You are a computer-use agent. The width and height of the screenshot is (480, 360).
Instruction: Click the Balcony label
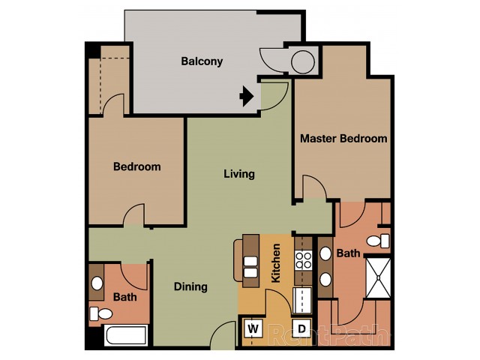[202, 61]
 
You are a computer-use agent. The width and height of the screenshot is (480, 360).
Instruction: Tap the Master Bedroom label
[343, 138]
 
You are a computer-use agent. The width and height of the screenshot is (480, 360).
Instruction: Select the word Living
[239, 174]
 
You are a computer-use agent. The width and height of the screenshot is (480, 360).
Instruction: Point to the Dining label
[190, 286]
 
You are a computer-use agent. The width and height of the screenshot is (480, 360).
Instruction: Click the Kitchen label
[276, 263]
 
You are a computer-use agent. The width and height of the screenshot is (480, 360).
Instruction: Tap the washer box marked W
[253, 328]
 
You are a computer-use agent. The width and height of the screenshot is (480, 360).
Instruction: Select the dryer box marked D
[301, 328]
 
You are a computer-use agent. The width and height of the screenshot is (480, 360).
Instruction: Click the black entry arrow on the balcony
[247, 96]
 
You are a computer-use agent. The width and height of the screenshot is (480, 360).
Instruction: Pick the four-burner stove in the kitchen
[303, 260]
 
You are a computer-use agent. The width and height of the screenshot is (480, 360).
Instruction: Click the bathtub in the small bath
[126, 335]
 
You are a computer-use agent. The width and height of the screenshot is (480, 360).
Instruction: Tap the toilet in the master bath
[378, 241]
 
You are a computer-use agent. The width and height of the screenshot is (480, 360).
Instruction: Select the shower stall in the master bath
[378, 277]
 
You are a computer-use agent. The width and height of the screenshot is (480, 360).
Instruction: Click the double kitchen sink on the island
[250, 267]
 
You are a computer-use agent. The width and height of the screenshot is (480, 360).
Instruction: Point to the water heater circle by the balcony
[303, 62]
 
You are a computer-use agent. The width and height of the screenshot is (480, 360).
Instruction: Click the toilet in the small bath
[101, 313]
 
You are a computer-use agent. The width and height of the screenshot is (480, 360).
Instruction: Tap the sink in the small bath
[97, 283]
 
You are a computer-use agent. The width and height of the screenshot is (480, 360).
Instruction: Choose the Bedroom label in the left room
[137, 166]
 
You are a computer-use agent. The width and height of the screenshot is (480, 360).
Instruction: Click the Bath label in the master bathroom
[348, 253]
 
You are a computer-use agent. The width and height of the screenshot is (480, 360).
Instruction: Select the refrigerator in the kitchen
[302, 300]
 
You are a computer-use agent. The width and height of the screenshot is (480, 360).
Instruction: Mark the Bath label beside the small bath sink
[125, 297]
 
